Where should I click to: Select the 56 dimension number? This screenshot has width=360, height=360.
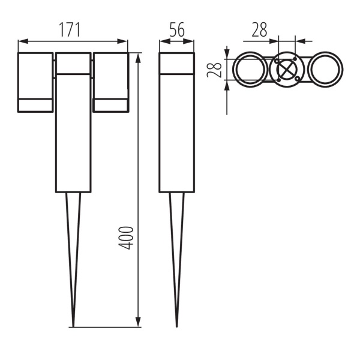[176, 31]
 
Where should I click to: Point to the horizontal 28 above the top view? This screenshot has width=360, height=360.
[259, 30]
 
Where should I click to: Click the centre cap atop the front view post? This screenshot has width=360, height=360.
[73, 63]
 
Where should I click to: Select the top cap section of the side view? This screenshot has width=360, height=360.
[176, 63]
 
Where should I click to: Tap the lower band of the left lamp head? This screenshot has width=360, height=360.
[35, 106]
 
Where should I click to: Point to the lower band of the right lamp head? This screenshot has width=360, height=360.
[111, 106]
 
